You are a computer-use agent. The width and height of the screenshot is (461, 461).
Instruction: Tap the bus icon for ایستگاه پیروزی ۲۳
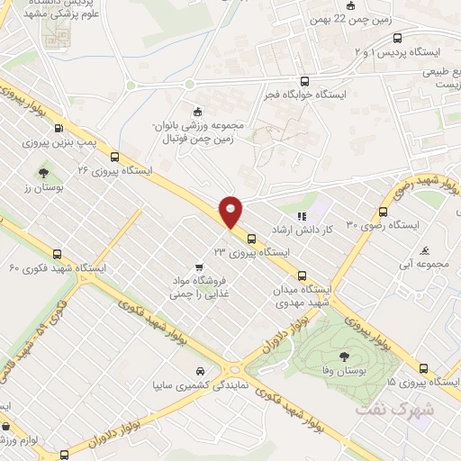pos(250,240)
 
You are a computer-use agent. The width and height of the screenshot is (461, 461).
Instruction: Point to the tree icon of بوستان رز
pos(42,173)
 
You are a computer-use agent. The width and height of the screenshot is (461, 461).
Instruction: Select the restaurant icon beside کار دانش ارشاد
pos(302,216)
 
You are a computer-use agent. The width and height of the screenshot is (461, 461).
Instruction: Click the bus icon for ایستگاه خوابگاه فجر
pos(304,79)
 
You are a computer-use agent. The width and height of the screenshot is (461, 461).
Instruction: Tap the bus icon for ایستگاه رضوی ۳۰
pos(384,212)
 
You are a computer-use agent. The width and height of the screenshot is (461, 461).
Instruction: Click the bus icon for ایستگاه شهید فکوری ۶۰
pos(58,255)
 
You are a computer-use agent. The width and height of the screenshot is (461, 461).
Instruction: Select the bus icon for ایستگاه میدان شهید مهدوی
pos(302,276)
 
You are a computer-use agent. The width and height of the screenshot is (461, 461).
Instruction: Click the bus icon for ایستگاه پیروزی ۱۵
pos(425,368)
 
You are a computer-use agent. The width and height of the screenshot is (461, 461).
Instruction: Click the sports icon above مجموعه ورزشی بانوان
pos(197,111)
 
